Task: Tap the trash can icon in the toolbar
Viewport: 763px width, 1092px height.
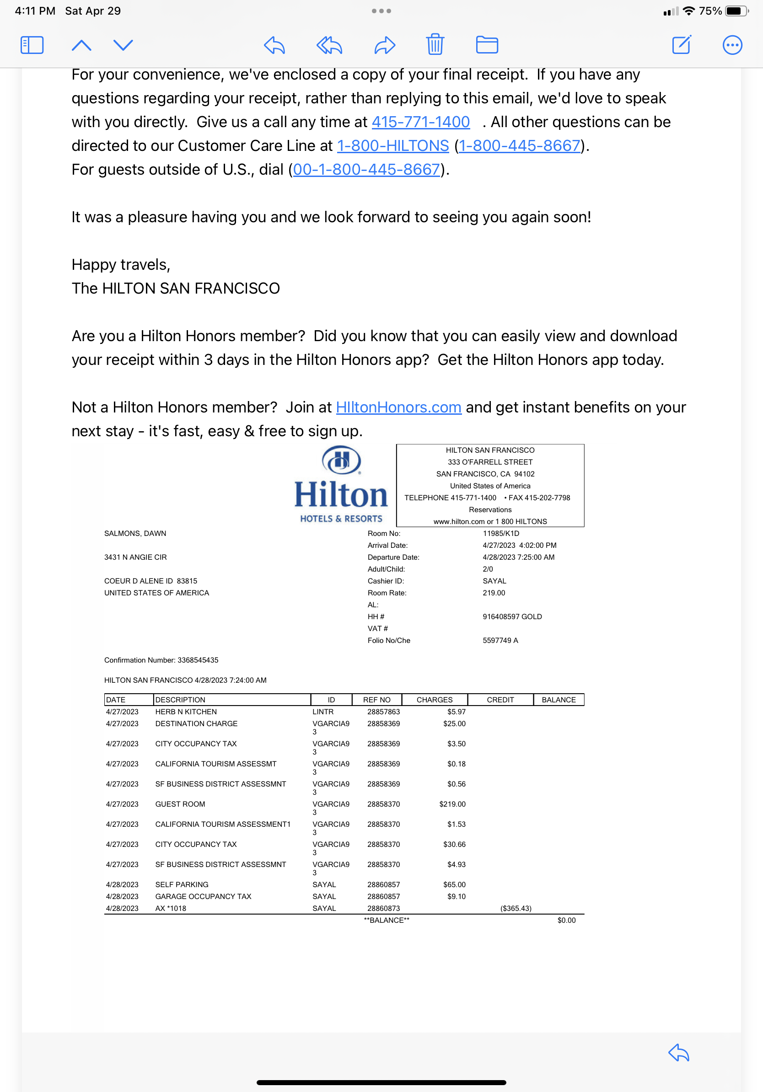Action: coord(435,45)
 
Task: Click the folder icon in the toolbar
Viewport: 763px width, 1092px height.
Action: coord(487,45)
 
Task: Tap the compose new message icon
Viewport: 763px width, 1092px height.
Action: coord(681,45)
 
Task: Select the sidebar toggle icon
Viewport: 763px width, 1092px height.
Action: coord(32,45)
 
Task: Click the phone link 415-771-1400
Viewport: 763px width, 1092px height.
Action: coord(420,122)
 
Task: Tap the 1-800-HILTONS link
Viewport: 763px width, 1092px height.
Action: coord(392,145)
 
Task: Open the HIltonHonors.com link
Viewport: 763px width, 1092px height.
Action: coord(398,407)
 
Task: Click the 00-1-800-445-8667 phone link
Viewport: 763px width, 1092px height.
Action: coord(366,169)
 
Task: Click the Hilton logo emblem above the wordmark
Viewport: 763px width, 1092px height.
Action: coord(341,460)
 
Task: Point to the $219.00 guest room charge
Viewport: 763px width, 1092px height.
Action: coord(452,804)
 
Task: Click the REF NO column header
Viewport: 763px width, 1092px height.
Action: coord(376,700)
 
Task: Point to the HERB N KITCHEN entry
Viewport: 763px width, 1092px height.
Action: coord(186,712)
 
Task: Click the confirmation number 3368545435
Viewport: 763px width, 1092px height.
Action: coord(198,660)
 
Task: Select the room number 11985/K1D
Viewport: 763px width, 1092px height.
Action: coord(500,533)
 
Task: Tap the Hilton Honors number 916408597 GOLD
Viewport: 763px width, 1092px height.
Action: coord(512,616)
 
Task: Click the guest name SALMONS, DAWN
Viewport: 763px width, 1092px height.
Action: coord(135,533)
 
